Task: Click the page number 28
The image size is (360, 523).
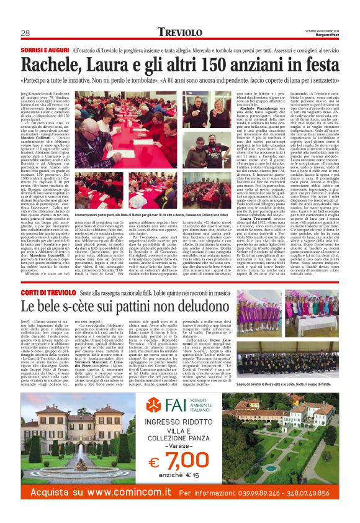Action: click(x=25, y=33)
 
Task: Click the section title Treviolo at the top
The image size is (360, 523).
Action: click(x=179, y=32)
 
